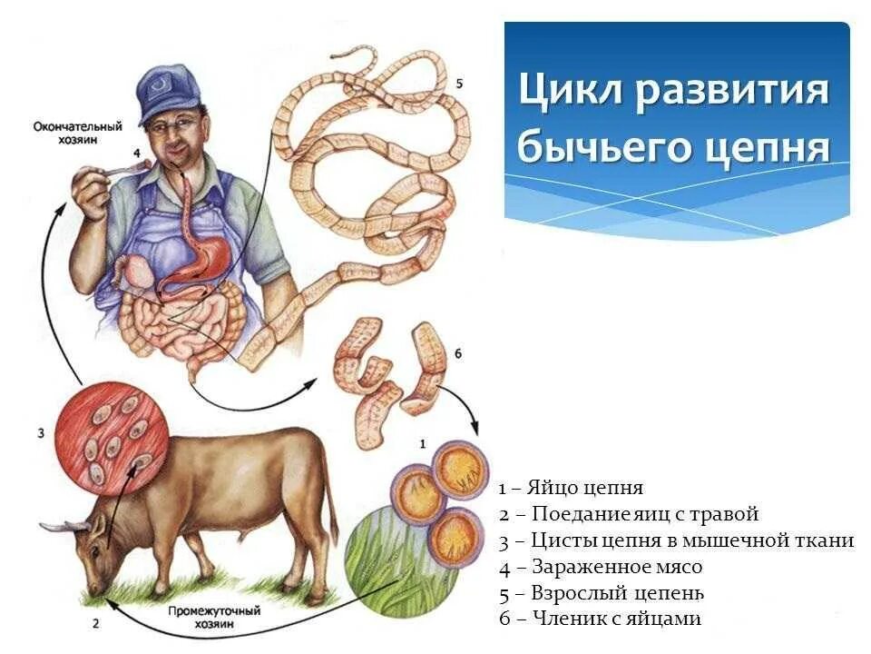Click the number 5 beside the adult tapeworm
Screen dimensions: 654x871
pos(459,84)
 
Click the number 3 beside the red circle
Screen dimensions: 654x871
pos(41,433)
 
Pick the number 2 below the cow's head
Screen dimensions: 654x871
pos(94,623)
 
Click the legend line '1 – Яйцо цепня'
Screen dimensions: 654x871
pos(571,489)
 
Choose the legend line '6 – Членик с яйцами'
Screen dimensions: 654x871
pos(600,619)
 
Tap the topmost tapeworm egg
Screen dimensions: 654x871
pos(460,471)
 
